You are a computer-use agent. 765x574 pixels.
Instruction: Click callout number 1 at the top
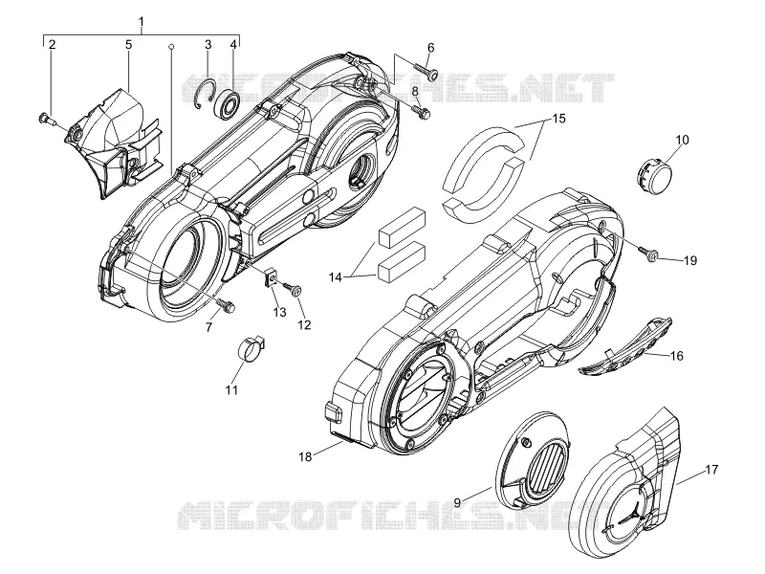pos(142,21)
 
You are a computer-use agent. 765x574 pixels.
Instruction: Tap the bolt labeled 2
pos(45,118)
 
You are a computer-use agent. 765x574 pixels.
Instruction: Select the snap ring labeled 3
pos(205,94)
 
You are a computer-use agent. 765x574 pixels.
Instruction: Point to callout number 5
pos(128,44)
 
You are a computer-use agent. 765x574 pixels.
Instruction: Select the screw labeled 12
pos(294,289)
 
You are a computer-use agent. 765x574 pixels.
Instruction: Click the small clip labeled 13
pos(272,278)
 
